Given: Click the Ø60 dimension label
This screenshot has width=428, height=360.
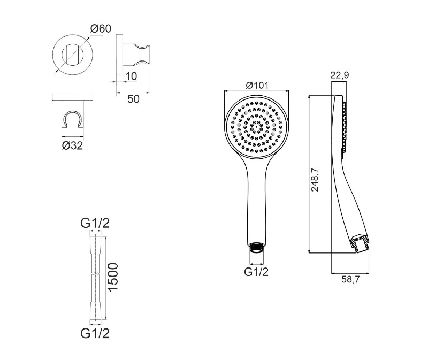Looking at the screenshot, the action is [101, 28].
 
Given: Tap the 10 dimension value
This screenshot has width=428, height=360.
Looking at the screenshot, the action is [131, 76].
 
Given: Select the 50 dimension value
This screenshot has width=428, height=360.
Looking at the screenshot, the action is [133, 99].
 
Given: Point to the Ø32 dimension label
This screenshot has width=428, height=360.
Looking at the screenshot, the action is [72, 145].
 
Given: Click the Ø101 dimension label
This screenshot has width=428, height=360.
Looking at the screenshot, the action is [257, 86].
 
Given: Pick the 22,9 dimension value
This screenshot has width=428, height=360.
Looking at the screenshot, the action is [340, 75].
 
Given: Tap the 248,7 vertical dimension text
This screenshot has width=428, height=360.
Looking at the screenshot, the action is [315, 180].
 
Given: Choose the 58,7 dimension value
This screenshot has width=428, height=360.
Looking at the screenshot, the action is [351, 279].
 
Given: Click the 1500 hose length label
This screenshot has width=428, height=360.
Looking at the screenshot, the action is [112, 277].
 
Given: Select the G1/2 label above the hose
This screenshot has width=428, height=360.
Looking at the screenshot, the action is [95, 223].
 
